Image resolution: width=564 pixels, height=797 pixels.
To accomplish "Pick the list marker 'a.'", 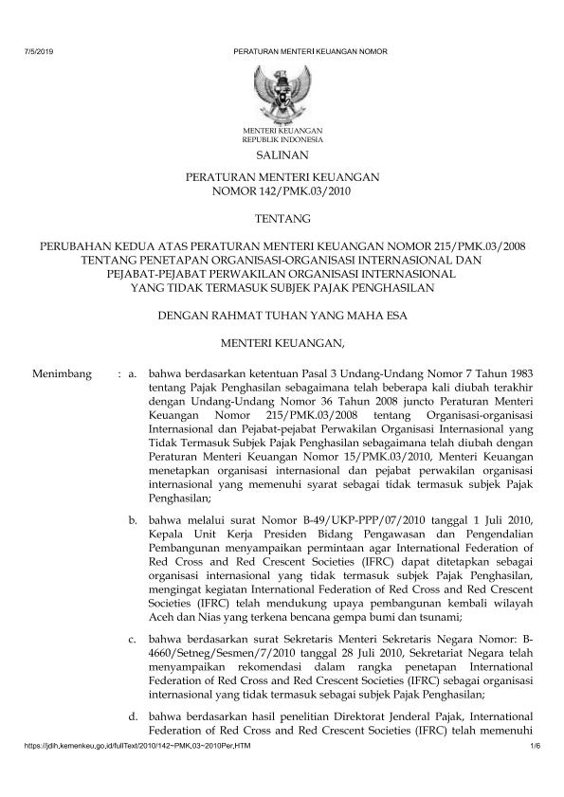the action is pos(134,375).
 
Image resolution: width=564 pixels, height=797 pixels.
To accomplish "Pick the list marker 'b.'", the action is pos(134,521).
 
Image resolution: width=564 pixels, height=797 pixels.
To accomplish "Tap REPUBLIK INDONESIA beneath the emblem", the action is pos(282,138).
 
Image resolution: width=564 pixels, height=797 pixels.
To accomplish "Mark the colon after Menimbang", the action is pos(118,375).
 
